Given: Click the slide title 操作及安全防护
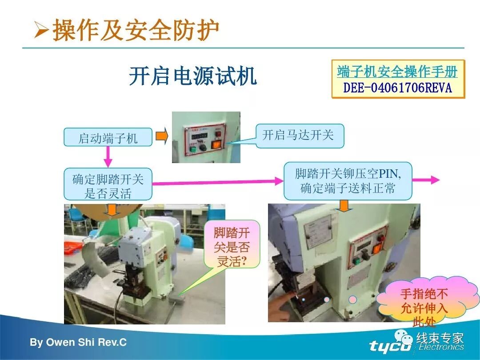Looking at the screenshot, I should [136, 30].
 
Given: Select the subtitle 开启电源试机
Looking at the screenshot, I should [192, 76].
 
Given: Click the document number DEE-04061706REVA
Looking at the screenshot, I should [397, 88].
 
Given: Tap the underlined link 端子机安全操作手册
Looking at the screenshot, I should [397, 71].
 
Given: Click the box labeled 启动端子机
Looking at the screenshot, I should [108, 137].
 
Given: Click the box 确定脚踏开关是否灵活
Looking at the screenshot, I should [108, 184].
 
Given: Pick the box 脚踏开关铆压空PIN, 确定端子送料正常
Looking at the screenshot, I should [348, 180].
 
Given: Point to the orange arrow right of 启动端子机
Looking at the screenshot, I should [162, 136].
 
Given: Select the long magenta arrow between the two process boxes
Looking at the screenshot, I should [218, 181].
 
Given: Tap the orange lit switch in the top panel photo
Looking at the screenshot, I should [217, 144].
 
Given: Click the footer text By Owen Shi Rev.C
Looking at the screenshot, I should [78, 343].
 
